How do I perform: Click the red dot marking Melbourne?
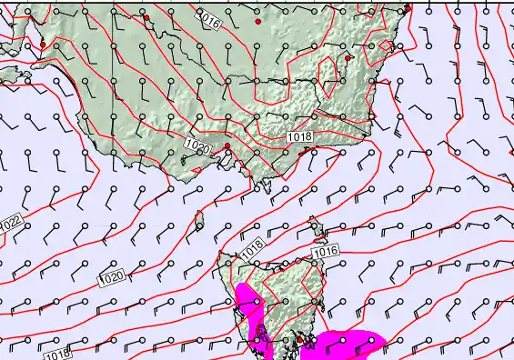pyautogui.click(x=227, y=145)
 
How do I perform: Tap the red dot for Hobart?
pyautogui.click(x=299, y=340)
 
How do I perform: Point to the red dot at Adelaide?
pyautogui.click(x=43, y=44)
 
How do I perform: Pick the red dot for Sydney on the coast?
pyautogui.click(x=408, y=8)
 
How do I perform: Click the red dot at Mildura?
pyautogui.click(x=146, y=17)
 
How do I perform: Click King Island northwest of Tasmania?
pyautogui.click(x=200, y=220)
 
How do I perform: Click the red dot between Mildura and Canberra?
pyautogui.click(x=258, y=20)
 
